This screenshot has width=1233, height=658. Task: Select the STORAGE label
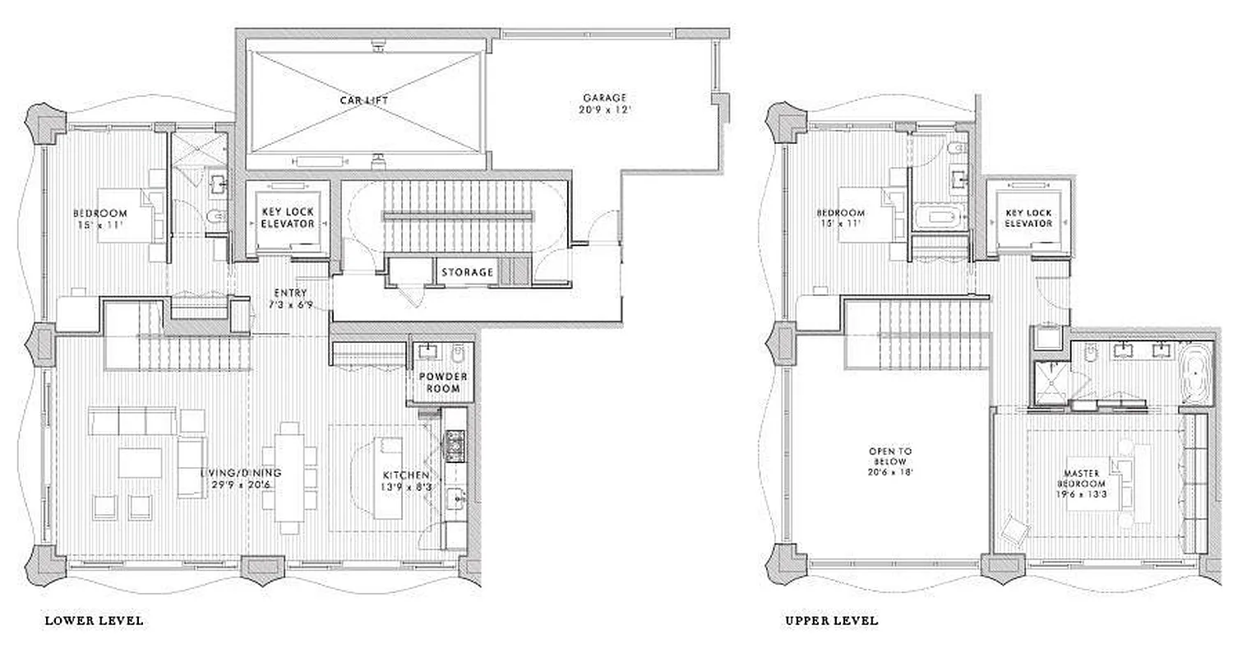click(468, 272)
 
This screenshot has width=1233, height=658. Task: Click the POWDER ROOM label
click(443, 382)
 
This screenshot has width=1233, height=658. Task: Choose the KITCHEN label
click(406, 475)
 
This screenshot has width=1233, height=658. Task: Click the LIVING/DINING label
click(241, 473)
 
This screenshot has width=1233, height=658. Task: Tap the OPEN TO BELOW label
click(890, 452)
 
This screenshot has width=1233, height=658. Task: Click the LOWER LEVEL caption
click(95, 620)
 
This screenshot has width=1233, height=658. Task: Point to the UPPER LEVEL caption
click(832, 620)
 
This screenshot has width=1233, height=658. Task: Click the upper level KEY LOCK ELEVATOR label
click(1028, 218)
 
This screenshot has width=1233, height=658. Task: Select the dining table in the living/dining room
click(289, 477)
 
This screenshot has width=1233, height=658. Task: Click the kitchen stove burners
click(454, 447)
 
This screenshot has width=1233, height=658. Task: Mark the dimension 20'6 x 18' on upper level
click(890, 473)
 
